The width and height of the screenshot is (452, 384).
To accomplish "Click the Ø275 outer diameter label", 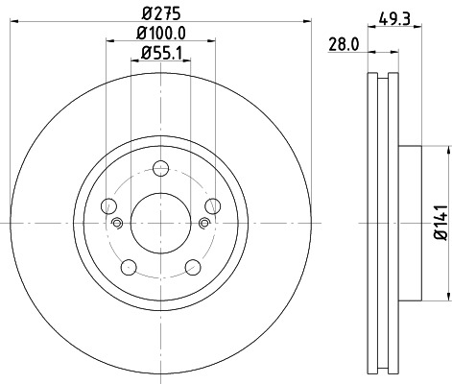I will tap(159, 14).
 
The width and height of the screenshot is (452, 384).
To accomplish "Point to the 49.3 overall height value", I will tap(416, 16).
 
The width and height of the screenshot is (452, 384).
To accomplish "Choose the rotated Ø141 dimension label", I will tap(440, 223).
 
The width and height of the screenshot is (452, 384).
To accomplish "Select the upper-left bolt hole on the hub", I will tap(108, 204).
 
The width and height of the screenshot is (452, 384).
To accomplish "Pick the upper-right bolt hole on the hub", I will tap(211, 204).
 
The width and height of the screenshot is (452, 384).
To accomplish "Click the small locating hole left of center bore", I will tap(117, 224).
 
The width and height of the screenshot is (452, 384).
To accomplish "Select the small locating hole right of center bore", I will tap(202, 224).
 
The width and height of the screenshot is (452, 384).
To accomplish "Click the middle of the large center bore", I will tap(159, 224).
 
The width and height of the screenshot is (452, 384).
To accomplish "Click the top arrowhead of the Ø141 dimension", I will tap(447, 151).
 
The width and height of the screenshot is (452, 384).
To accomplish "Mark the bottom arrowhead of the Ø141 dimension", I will tap(447, 296).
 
